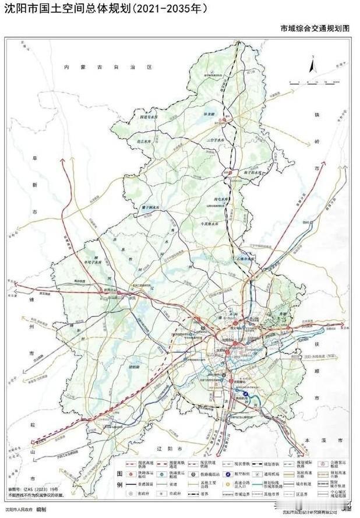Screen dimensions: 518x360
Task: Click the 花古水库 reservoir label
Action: coord(144,141)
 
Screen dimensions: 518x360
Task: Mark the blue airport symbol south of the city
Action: coord(246,394)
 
